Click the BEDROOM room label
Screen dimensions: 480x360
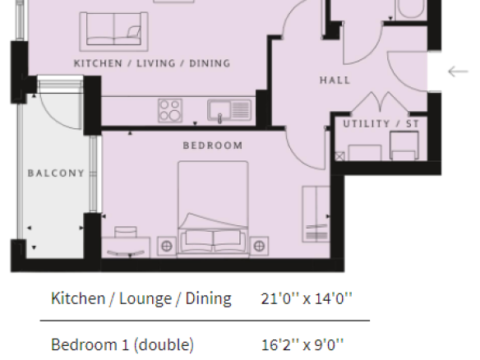click(x=213, y=145)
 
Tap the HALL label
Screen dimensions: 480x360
click(x=335, y=81)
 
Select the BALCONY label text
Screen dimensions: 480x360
click(x=56, y=173)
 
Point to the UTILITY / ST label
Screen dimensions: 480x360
click(x=381, y=124)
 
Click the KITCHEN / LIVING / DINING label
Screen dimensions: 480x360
click(x=152, y=63)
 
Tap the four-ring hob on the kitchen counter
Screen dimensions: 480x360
click(x=170, y=110)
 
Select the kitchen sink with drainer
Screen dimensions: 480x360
click(x=229, y=110)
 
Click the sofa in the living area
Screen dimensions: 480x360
click(x=114, y=31)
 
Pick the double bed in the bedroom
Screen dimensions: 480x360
click(x=213, y=209)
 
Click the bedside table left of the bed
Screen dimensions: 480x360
click(x=167, y=246)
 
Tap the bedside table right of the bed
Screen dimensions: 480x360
click(x=259, y=246)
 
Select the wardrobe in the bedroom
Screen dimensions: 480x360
click(x=316, y=214)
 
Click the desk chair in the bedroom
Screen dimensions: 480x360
click(x=126, y=232)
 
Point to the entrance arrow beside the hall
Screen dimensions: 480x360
click(x=459, y=72)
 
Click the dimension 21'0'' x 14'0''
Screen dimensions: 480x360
click(x=307, y=298)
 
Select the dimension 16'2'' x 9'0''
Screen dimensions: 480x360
click(x=302, y=344)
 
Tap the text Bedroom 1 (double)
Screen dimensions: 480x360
click(x=122, y=345)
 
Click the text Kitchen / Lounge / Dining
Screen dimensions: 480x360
click(x=141, y=298)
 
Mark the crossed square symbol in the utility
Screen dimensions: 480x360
click(x=339, y=156)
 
